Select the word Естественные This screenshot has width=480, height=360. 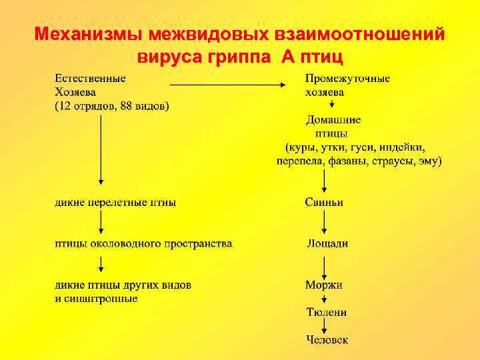[x=90, y=79]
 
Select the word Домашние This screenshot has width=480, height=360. [x=333, y=120]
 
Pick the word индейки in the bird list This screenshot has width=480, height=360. [x=403, y=147]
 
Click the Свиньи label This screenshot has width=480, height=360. [x=324, y=202]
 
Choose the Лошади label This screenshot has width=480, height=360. [x=327, y=244]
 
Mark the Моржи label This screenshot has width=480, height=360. [x=324, y=285]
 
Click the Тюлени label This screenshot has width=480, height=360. [x=326, y=312]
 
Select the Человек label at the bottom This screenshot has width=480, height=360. [x=327, y=339]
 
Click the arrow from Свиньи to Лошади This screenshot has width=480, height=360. [x=325, y=223]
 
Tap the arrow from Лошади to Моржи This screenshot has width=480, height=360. [x=325, y=265]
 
